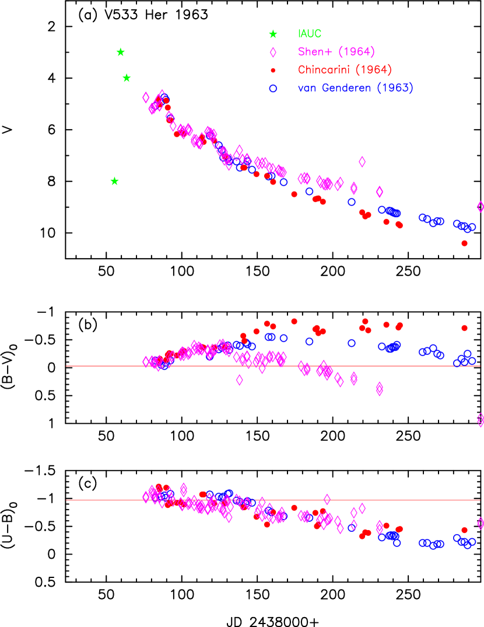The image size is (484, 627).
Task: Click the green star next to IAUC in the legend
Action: pos(273,34)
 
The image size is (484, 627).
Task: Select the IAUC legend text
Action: pos(310,34)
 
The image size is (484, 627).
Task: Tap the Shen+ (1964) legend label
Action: pos(336,52)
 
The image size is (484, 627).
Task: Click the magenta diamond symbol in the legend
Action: pos(273,53)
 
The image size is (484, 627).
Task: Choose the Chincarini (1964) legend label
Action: pos(345,70)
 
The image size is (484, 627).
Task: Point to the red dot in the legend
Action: pos(273,71)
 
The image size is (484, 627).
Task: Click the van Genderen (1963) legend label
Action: pos(355,88)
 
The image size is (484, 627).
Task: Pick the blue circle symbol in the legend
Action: pos(273,89)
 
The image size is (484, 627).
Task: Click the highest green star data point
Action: pos(120,53)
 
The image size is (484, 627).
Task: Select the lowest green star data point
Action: pos(114,182)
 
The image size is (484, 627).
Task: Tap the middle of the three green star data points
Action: pos(127,78)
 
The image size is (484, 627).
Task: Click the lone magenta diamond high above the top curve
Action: pos(362,162)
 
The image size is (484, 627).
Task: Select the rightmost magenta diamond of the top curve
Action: pos(481,207)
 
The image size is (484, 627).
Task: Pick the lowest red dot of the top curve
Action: pos(464,243)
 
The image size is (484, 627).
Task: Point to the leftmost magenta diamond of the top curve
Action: pos(146,97)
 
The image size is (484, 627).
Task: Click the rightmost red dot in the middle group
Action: pos(464,328)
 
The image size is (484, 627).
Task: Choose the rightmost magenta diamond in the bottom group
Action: pos(481,523)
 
